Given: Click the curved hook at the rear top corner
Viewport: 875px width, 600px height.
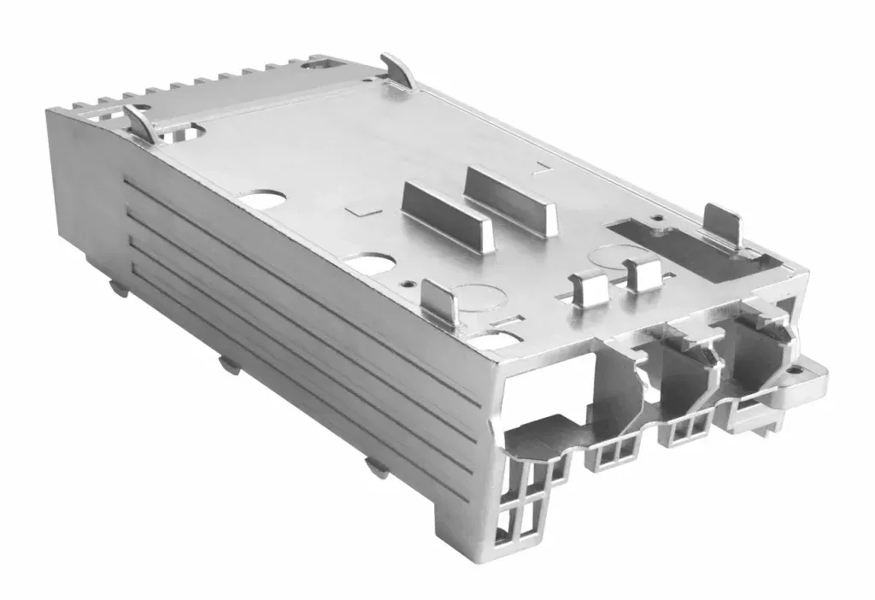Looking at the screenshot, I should (398, 70).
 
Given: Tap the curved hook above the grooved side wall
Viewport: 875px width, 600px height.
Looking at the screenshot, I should (141, 123).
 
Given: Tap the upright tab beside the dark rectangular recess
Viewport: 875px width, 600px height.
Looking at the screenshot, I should (722, 224).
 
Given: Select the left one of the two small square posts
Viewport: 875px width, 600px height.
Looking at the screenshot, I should (589, 288).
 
